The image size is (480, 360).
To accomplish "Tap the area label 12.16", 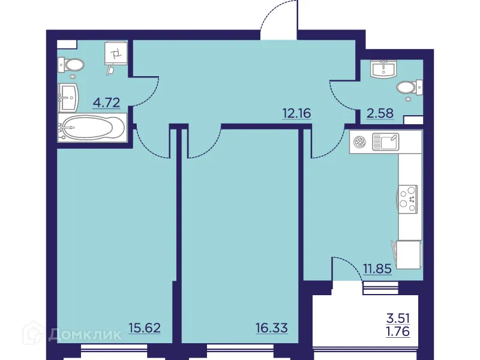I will click(297, 112).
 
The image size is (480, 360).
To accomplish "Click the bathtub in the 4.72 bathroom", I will click(93, 128).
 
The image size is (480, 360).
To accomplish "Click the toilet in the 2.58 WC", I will click(409, 88).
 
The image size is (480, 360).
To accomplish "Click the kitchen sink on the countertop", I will click(385, 142).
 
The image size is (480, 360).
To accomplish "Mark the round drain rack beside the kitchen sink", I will click(361, 142).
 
